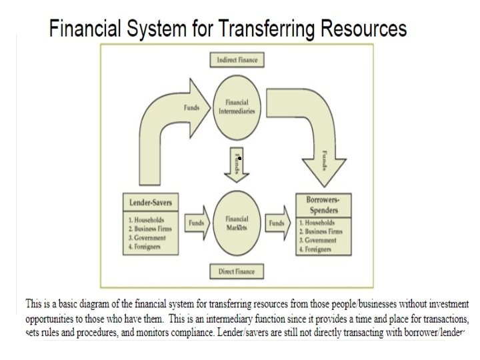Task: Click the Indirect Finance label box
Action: (x=237, y=60)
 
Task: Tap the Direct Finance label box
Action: (x=237, y=271)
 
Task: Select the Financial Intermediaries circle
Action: (x=237, y=107)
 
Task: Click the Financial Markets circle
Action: (x=237, y=223)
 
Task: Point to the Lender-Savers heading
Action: (x=151, y=202)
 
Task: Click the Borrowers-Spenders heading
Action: (x=323, y=205)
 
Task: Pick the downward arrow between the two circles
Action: (x=237, y=163)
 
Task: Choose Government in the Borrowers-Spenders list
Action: (x=319, y=241)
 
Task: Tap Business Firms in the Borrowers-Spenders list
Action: (x=323, y=232)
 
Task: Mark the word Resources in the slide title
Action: (x=363, y=29)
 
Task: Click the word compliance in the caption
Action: (x=181, y=331)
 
